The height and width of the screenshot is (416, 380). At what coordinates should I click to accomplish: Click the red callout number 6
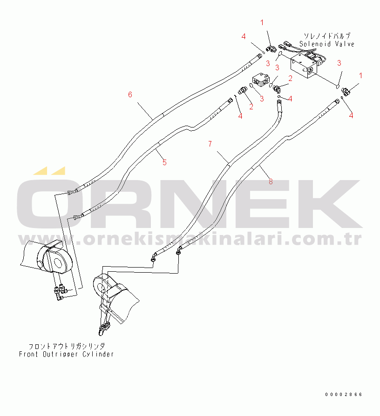click(130, 94)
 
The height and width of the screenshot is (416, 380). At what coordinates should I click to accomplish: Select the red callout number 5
click(165, 162)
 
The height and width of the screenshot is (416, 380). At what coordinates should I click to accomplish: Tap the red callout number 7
click(210, 144)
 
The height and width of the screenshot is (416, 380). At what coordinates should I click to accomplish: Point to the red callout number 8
click(271, 181)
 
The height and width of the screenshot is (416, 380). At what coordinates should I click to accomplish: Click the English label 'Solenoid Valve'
click(327, 44)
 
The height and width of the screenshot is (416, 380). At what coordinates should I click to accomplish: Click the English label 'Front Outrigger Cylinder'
click(67, 354)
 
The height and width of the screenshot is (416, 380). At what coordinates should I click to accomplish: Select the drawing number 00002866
click(344, 395)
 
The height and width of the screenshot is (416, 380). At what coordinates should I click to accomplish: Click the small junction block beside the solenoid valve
click(261, 80)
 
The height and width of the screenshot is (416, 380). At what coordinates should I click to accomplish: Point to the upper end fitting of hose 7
click(279, 102)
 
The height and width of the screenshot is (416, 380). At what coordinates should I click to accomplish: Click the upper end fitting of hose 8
click(337, 101)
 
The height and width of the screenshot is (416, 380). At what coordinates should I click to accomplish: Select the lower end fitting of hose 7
click(154, 257)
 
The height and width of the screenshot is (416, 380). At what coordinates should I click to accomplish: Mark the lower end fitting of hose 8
click(179, 250)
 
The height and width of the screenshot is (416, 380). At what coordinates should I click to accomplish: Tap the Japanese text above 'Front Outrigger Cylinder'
click(67, 346)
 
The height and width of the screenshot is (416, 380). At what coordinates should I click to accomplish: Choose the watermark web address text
click(190, 239)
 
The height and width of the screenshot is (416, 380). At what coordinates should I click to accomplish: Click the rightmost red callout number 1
click(360, 75)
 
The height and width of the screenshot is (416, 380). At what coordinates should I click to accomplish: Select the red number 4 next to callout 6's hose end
click(244, 37)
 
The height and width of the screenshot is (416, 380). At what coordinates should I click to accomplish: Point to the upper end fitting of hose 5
click(230, 101)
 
